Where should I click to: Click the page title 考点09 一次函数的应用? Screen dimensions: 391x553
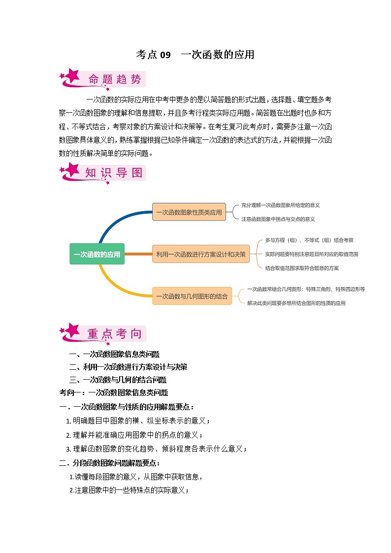[195, 55]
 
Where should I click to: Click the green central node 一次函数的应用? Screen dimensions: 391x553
[97, 254]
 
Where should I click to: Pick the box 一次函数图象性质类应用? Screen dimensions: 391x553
[189, 212]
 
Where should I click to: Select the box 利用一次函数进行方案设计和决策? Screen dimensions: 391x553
[200, 254]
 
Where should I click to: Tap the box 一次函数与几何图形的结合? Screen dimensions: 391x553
[192, 296]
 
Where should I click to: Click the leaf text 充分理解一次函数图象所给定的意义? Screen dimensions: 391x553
[280, 205]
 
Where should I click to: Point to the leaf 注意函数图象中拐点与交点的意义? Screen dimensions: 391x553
[278, 219]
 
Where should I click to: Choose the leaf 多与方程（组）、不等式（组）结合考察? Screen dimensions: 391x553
[309, 240]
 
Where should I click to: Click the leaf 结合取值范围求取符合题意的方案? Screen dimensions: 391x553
[301, 268]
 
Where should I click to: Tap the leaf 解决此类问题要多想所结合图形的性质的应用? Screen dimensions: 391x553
[296, 303]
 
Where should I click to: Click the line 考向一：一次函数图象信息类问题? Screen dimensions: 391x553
[114, 393]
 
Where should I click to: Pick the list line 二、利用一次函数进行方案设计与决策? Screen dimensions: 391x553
[128, 367]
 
